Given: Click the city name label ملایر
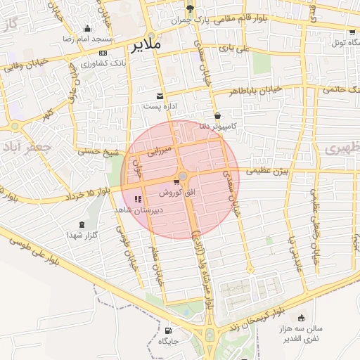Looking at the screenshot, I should tap(146, 44).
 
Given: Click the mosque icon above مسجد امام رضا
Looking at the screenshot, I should tap(87, 29).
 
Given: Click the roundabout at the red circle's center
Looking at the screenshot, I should tap(183, 176).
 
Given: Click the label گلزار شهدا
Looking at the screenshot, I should tap(85, 234).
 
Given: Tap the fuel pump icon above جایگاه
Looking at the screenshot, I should tap(167, 330).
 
